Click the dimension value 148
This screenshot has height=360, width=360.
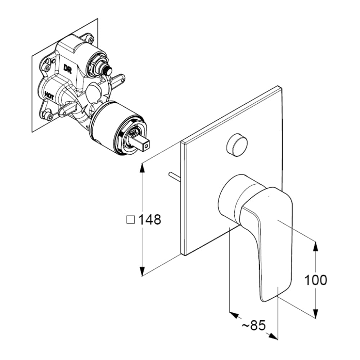150,219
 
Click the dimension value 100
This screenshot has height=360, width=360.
316,280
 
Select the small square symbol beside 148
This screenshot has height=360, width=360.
131,219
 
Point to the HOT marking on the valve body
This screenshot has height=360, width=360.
50,95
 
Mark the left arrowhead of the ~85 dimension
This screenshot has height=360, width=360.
234,315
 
